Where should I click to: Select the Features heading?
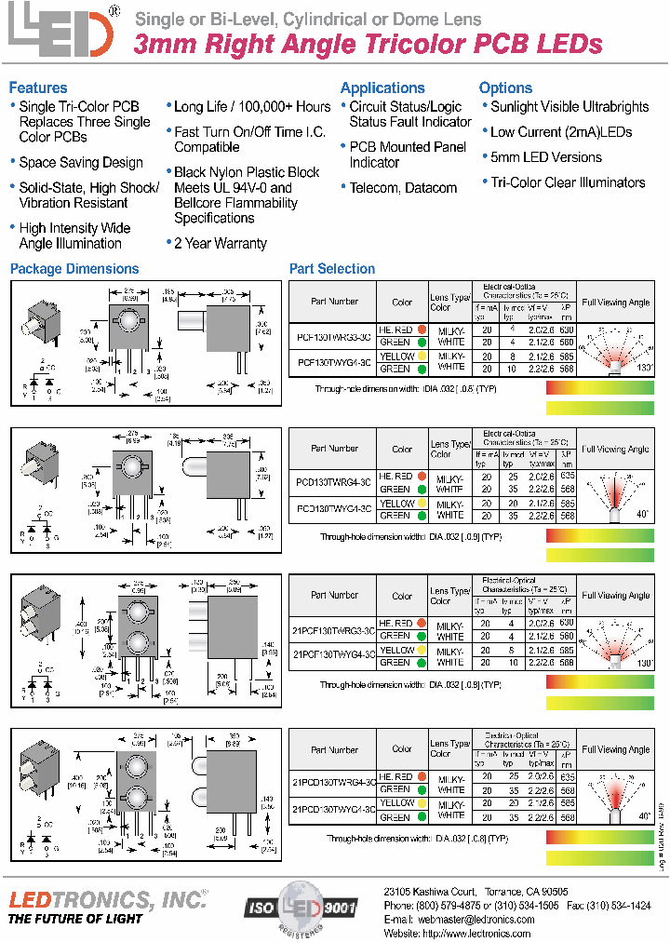[38, 87]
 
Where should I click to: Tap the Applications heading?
[382, 87]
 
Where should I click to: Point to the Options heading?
[505, 87]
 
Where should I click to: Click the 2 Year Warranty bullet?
[220, 243]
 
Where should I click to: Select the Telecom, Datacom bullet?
[403, 187]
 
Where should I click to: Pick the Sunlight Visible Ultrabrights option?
[569, 106]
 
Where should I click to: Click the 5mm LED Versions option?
[545, 157]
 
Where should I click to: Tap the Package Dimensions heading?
[74, 269]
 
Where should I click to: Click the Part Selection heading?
[332, 269]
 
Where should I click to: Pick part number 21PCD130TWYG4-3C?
[334, 810]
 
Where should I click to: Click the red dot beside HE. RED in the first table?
[422, 330]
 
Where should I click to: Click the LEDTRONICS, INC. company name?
[107, 898]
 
